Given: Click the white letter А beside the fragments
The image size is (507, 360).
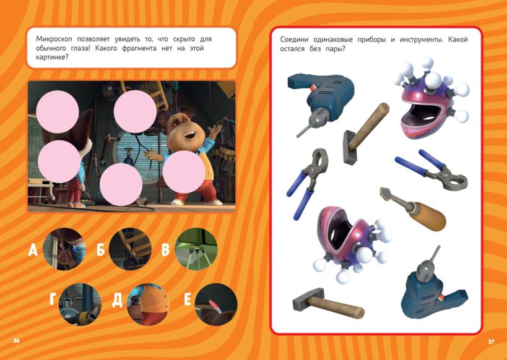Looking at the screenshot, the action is click(x=33, y=250).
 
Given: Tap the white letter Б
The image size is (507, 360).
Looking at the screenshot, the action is click(x=100, y=249).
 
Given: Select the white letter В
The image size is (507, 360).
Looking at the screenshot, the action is click(x=165, y=249).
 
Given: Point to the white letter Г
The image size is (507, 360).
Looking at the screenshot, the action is click(x=53, y=299).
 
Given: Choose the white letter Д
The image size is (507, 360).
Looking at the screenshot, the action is click(x=118, y=300).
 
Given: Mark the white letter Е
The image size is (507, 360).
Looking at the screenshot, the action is click(x=188, y=299).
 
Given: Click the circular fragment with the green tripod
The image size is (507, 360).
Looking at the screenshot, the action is click(x=196, y=249).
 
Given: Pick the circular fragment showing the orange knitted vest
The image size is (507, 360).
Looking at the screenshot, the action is click(x=149, y=304).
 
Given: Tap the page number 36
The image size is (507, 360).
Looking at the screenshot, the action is click(x=16, y=341).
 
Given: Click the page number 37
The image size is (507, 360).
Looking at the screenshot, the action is click(x=491, y=341).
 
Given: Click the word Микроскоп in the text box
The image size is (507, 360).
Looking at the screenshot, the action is click(x=54, y=39).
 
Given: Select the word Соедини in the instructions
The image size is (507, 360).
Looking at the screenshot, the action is click(x=294, y=40).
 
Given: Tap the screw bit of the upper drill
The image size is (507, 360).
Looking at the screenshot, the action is click(x=303, y=131).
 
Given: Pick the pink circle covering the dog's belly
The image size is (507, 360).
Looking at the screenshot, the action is click(x=184, y=172).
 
